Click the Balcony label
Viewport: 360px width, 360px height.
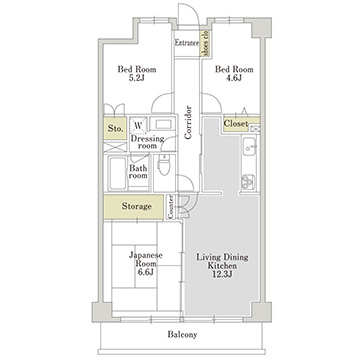click(182, 334)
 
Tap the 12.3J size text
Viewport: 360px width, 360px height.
click(223, 274)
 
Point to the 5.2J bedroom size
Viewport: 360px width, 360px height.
click(137, 78)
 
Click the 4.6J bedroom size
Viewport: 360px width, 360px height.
click(234, 78)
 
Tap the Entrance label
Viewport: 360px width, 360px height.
click(187, 43)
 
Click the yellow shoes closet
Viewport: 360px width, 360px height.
click(205, 43)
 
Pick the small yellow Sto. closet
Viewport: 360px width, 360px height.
click(115, 128)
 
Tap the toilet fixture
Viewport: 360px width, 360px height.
click(164, 165)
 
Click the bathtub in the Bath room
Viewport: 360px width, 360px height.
click(118, 173)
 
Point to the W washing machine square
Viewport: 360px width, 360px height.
click(138, 125)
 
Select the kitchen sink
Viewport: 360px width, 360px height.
click(249, 146)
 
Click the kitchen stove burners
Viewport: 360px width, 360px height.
click(248, 182)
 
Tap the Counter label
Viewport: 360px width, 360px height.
click(171, 207)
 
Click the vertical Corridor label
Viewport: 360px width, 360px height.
click(188, 122)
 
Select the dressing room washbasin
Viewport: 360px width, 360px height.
click(163, 124)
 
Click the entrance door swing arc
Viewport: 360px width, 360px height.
click(189, 13)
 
